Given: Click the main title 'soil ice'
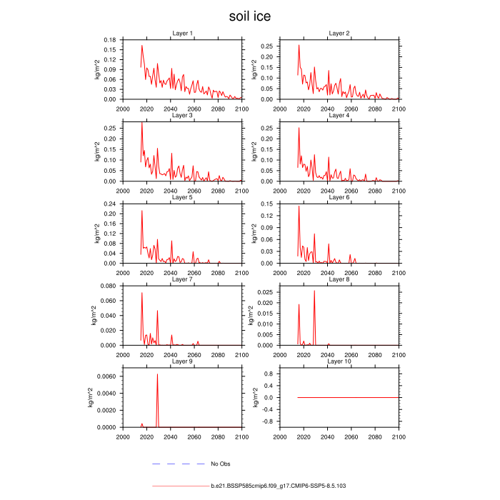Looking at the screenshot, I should [x=250, y=16].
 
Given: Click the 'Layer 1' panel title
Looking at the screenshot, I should [x=182, y=34].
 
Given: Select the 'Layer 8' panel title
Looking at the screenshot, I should [x=339, y=279].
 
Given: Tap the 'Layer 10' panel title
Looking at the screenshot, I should [x=339, y=361].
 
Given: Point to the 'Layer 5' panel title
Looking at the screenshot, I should [x=182, y=197].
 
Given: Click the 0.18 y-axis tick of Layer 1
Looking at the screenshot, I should [x=109, y=39].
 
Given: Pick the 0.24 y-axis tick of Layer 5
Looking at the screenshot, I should [x=109, y=204].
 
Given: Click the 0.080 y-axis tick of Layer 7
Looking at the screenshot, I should [x=106, y=286].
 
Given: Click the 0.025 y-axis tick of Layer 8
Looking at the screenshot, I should [x=266, y=292].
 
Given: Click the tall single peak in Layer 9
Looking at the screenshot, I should [x=157, y=374].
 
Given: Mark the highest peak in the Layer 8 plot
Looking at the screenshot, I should [x=314, y=291].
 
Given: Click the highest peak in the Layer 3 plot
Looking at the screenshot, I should [x=141, y=124].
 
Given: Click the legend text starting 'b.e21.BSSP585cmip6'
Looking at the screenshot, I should [x=279, y=486].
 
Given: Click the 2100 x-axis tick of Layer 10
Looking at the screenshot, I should [x=399, y=436].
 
